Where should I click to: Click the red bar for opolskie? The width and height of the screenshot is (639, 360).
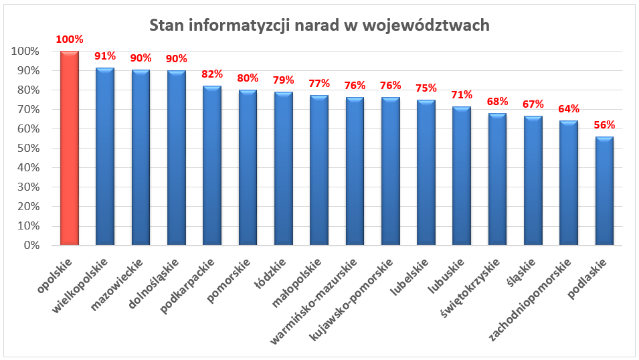pos(70,148)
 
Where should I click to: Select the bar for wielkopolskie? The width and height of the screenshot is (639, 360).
pos(105,157)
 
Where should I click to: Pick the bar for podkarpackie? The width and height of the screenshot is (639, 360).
pos(212,165)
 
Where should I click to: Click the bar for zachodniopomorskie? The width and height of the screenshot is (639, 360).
pos(569,183)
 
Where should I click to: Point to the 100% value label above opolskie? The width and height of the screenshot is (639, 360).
pos(70,39)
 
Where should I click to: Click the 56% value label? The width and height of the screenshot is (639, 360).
pos(604,124)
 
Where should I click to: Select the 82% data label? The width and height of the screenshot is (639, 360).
pos(212,74)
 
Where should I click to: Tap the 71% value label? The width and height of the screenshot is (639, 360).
pos(462,95)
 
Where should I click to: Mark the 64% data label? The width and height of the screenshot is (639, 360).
pos(569,109)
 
